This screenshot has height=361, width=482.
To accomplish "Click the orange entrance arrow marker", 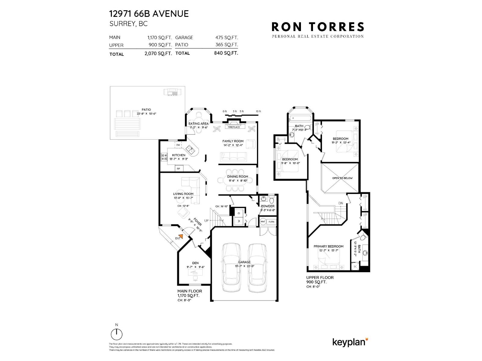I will pos(180,236).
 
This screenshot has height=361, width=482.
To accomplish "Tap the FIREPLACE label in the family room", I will pos(234,127).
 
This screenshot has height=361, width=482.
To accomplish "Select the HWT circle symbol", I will pos(263,222).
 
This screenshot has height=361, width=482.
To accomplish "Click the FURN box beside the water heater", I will pos(271,222).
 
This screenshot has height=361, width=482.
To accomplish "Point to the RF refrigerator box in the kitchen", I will pos(178,169).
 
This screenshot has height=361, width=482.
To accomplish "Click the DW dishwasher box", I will pos(178,145).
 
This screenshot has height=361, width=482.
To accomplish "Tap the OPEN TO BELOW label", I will pos(342,178).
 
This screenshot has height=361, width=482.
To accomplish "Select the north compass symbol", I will pos(117,334).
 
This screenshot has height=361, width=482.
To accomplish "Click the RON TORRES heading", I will pos(318,27).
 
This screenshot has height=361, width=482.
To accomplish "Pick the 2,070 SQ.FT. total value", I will pos(158,54).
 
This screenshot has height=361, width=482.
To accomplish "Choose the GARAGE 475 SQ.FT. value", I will pos(227,38).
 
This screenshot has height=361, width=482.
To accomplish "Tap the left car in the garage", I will pos(231,267).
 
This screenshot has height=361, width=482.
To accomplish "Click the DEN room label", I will pos(195,263).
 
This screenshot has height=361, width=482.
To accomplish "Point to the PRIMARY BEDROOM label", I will pos(328,246).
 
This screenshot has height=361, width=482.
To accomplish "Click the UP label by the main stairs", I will pos(206,221).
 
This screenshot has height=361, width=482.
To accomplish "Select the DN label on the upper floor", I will pos(341,203).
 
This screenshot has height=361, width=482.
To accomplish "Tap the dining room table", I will pos(235,181).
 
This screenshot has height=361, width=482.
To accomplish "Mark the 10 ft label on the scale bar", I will pos(258,111).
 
